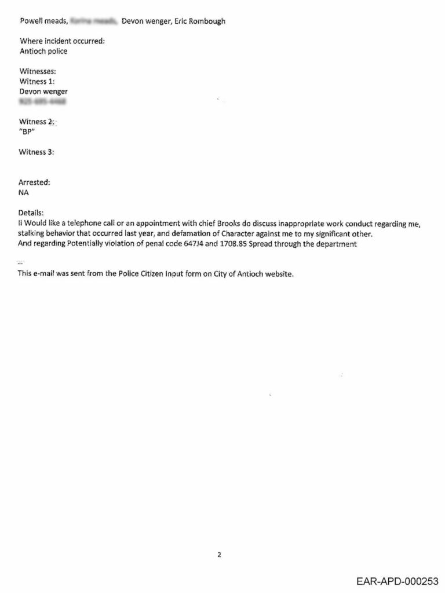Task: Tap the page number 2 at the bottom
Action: click(x=219, y=554)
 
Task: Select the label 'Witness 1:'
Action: click(x=37, y=81)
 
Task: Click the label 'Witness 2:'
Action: click(x=37, y=122)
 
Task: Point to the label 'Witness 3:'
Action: click(x=37, y=152)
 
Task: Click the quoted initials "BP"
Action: click(x=27, y=131)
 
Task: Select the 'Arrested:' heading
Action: click(x=34, y=182)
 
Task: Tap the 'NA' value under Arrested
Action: click(x=24, y=192)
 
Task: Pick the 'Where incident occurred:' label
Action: click(x=62, y=41)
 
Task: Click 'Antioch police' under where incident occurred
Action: click(x=43, y=51)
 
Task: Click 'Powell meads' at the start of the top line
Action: click(x=42, y=21)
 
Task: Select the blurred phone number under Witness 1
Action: click(x=42, y=102)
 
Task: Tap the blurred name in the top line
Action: click(x=93, y=21)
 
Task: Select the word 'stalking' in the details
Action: click(x=34, y=233)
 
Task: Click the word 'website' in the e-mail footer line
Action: click(x=279, y=274)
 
